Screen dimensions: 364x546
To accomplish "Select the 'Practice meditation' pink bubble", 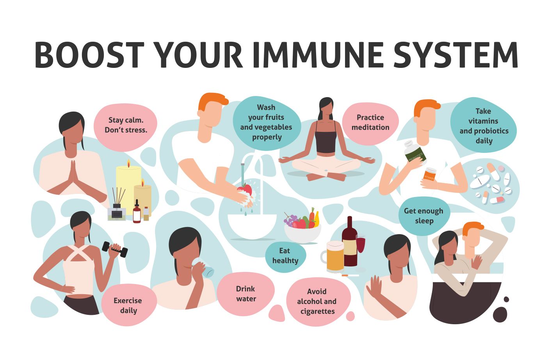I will click(370, 123).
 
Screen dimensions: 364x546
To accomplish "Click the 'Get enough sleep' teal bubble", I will click(424, 216).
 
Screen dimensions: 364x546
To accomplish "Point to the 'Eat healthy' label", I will click(285, 256).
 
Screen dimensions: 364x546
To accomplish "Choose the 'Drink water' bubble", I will click(246, 294).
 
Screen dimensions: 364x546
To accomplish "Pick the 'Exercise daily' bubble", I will click(128, 305).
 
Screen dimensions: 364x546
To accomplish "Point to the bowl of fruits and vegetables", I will click(302, 228).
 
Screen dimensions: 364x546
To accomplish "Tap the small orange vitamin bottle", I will click(430, 174).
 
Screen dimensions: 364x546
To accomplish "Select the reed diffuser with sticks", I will click(117, 207).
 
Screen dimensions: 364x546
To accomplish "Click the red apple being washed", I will click(245, 191).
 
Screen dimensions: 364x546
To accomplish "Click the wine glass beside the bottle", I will click(361, 248).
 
